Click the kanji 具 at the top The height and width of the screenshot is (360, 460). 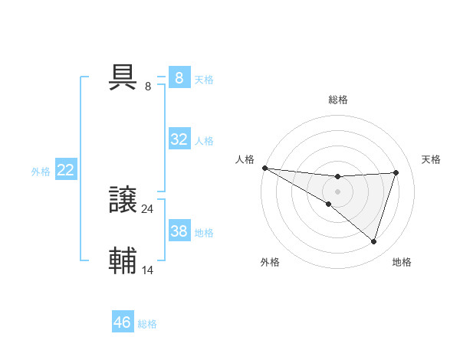(x=123, y=77)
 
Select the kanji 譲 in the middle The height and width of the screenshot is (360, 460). (x=123, y=201)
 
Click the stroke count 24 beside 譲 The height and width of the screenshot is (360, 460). (x=148, y=208)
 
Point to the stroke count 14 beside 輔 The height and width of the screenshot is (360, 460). (x=148, y=269)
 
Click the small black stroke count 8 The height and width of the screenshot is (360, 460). (x=148, y=86)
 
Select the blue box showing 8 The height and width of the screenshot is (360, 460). (x=179, y=78)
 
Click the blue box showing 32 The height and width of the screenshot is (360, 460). (x=179, y=139)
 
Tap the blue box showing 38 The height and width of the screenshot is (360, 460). (x=179, y=231)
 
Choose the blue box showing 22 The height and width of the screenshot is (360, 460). (x=65, y=170)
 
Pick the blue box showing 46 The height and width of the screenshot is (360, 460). (x=122, y=322)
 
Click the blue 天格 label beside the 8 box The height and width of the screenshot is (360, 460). (x=204, y=79)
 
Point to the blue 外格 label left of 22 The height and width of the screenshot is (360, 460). (x=41, y=172)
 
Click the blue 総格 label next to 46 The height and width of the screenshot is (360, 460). (x=147, y=324)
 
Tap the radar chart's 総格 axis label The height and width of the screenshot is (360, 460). (x=337, y=100)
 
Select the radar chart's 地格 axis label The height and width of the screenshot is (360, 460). (x=402, y=263)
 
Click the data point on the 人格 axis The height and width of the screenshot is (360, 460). (x=264, y=167)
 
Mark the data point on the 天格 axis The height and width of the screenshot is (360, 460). (x=396, y=172)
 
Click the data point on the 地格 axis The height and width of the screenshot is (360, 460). (x=374, y=241)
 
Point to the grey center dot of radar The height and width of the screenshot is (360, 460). (x=337, y=191)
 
